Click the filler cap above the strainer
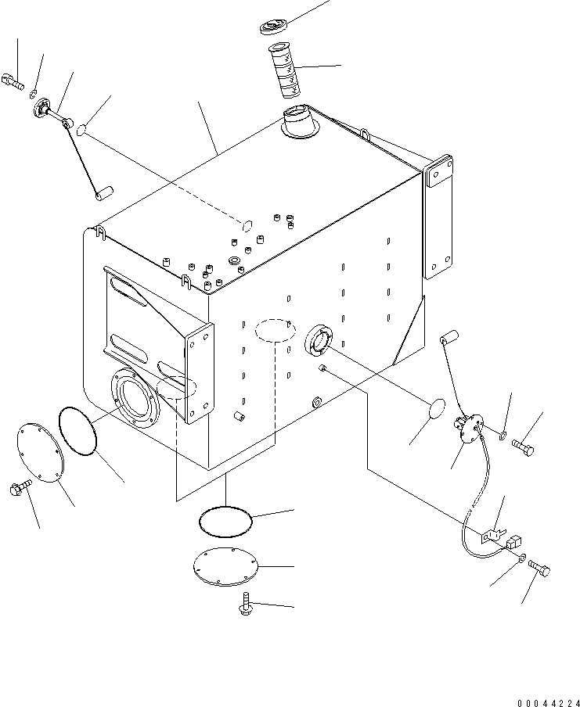pos(273,27)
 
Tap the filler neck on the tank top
pos(300,121)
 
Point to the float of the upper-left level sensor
pos(104,193)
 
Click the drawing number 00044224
pos(548,702)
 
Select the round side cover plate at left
pos(41,452)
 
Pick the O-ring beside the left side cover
pos(77,431)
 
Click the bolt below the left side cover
pos(20,487)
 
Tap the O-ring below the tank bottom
pos(225,521)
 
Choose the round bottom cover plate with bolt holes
pos(225,566)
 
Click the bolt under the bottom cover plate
pos(246,604)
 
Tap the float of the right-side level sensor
pos(449,338)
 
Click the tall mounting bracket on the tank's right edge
pos(438,217)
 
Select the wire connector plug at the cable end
pos(514,541)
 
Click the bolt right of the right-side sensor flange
pos(523,447)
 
